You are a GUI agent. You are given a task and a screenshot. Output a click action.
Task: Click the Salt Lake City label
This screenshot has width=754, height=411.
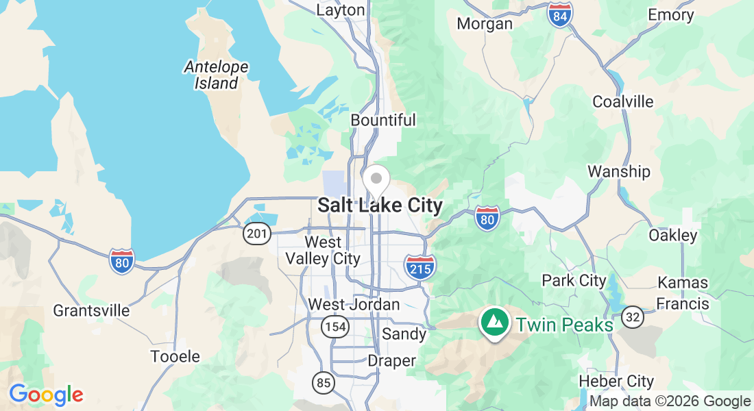click(380, 206)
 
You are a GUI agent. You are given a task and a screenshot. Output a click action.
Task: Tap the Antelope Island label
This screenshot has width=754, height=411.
click(216, 75)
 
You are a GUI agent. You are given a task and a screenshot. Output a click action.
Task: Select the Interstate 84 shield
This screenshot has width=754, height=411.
click(560, 15)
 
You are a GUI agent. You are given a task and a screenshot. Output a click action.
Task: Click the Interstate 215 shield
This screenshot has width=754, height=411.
click(419, 266)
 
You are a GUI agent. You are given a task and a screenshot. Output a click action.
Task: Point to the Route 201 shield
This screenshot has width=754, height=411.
click(256, 234)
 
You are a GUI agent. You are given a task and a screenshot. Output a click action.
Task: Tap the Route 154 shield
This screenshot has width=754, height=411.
click(336, 327)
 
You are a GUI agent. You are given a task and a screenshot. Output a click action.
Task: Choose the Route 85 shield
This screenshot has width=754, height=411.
click(324, 382)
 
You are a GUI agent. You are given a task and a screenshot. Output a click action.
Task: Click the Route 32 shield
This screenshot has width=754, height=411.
click(633, 316)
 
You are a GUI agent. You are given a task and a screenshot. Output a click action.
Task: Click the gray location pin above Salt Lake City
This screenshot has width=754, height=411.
click(376, 179)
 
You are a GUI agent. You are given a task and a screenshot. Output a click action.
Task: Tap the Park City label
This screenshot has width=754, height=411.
click(574, 280)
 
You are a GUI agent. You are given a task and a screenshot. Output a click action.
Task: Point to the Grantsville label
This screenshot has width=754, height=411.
click(91, 310)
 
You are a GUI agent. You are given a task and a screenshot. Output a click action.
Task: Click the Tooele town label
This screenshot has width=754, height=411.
click(175, 356)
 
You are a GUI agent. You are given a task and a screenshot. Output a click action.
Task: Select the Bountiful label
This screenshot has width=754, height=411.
click(383, 120)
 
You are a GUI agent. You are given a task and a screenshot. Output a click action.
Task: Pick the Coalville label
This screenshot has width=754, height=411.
click(623, 101)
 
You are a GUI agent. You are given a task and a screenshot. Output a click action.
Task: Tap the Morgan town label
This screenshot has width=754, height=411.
click(485, 24)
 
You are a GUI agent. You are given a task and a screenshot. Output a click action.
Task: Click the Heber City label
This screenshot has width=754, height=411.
click(616, 381)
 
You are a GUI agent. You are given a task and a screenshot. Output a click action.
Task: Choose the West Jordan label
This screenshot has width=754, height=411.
click(354, 304)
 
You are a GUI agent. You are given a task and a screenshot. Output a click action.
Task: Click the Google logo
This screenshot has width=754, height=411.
click(46, 395)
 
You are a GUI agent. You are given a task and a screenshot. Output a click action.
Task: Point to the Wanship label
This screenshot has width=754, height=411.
click(619, 171)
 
